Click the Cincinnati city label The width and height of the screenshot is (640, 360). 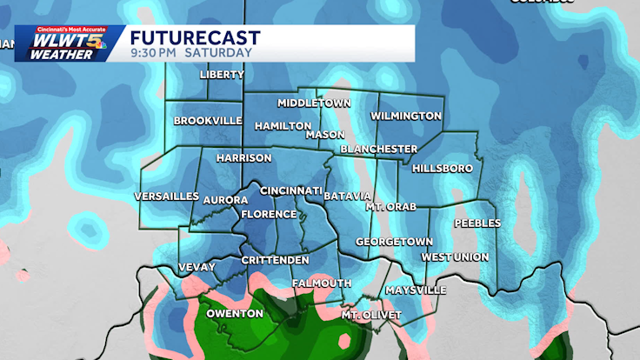(x=291, y=190)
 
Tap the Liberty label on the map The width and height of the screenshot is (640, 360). (x=222, y=75)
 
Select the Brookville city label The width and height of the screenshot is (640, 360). (x=207, y=121)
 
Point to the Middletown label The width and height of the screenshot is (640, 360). (x=313, y=103)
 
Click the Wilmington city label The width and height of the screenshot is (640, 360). (x=406, y=116)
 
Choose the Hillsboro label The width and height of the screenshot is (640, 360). (x=442, y=168)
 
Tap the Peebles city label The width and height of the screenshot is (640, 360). (x=477, y=223)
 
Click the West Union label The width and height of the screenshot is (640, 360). (x=455, y=257)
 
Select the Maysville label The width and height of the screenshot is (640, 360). (x=416, y=290)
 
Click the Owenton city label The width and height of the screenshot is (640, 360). (x=234, y=313)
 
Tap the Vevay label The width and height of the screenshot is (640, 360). (x=196, y=267)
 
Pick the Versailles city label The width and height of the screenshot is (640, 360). (x=167, y=197)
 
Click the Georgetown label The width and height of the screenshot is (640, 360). (x=394, y=241)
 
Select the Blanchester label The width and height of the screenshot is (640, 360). (x=378, y=149)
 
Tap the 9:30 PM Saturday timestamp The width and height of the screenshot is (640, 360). (x=191, y=52)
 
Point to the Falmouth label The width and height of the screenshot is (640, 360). (x=322, y=283)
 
